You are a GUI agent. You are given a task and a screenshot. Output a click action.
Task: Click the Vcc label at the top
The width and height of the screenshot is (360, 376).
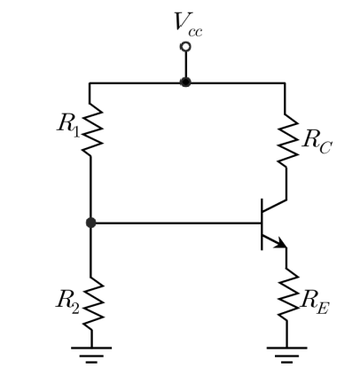pyautogui.click(x=188, y=25)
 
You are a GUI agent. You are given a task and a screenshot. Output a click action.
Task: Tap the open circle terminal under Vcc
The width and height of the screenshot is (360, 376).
pyautogui.click(x=185, y=47)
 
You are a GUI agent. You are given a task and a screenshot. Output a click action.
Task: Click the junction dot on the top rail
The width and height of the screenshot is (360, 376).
pyautogui.click(x=185, y=82)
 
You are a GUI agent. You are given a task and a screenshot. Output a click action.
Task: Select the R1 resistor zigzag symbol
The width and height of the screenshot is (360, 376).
pyautogui.click(x=92, y=129)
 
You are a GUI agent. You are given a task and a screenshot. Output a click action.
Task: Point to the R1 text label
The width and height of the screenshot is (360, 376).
pyautogui.click(x=68, y=126)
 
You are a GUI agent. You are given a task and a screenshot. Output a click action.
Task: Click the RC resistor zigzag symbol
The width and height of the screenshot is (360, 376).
pyautogui.click(x=288, y=141)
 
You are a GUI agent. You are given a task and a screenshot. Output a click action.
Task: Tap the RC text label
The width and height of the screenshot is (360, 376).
pyautogui.click(x=317, y=142)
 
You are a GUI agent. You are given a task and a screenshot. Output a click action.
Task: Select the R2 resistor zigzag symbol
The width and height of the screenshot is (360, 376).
pyautogui.click(x=93, y=304)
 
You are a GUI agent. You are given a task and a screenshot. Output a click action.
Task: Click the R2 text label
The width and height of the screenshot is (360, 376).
pyautogui.click(x=67, y=302)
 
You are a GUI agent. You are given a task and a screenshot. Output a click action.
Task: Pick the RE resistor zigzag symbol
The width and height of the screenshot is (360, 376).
pyautogui.click(x=288, y=294)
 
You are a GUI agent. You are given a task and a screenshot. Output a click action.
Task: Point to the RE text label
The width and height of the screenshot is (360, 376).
pyautogui.click(x=315, y=304)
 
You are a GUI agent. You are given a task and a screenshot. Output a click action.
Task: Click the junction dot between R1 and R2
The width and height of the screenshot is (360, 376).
pyautogui.click(x=90, y=223)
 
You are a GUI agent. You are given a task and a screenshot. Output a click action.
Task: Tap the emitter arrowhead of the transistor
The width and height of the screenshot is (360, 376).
pyautogui.click(x=281, y=244)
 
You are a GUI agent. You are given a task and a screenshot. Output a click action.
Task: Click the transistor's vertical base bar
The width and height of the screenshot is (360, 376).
pyautogui.click(x=262, y=224)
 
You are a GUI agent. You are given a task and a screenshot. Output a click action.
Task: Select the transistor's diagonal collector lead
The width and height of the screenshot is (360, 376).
pyautogui.click(x=274, y=206)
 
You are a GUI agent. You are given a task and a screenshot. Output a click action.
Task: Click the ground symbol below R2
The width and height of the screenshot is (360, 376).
pyautogui.click(x=91, y=355)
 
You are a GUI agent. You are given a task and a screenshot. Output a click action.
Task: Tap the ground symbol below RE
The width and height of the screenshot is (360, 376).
pyautogui.click(x=286, y=355)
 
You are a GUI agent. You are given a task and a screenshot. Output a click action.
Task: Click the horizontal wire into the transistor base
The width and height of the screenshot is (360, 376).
pyautogui.click(x=176, y=223)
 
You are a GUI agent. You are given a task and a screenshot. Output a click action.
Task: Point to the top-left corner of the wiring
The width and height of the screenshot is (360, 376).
pyautogui.click(x=90, y=83)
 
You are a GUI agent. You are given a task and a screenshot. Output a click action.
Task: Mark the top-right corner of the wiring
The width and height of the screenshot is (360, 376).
pyautogui.click(x=286, y=83)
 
